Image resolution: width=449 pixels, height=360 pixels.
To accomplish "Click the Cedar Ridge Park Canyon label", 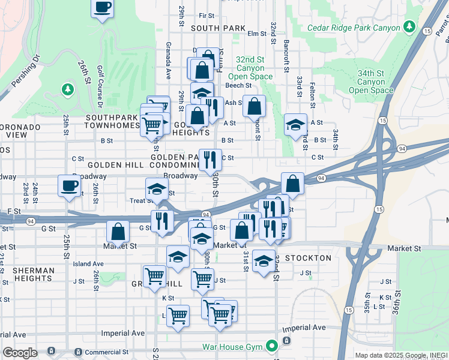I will [x=353, y=28].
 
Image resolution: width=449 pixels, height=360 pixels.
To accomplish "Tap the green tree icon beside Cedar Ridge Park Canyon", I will [x=409, y=26].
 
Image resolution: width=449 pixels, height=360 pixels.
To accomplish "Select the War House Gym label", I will [x=232, y=346].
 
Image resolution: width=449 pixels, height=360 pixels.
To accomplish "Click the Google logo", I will [x=20, y=353].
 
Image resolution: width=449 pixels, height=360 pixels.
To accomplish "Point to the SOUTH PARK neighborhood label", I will [x=218, y=28].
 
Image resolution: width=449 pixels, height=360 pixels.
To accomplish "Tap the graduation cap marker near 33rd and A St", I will [x=295, y=125].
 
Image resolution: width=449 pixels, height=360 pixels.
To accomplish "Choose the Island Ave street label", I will [x=88, y=264].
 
